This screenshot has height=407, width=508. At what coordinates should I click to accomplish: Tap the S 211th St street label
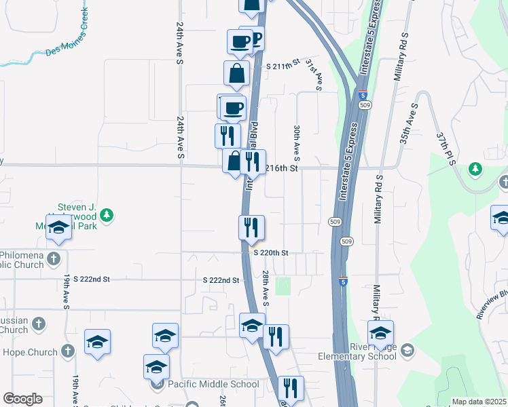[283, 66]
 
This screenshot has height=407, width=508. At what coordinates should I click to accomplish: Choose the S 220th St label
[272, 252]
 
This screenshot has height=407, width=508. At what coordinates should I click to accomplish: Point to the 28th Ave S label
[266, 287]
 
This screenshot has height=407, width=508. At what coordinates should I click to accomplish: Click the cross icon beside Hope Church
[67, 351]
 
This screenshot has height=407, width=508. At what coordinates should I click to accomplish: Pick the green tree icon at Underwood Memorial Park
[106, 216]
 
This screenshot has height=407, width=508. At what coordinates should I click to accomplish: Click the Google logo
[22, 399]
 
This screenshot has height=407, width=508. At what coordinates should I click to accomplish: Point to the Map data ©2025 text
[479, 402]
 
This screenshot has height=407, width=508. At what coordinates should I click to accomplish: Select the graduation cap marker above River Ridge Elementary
[380, 333]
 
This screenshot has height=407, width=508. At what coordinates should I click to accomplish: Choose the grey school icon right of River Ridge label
[407, 350]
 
